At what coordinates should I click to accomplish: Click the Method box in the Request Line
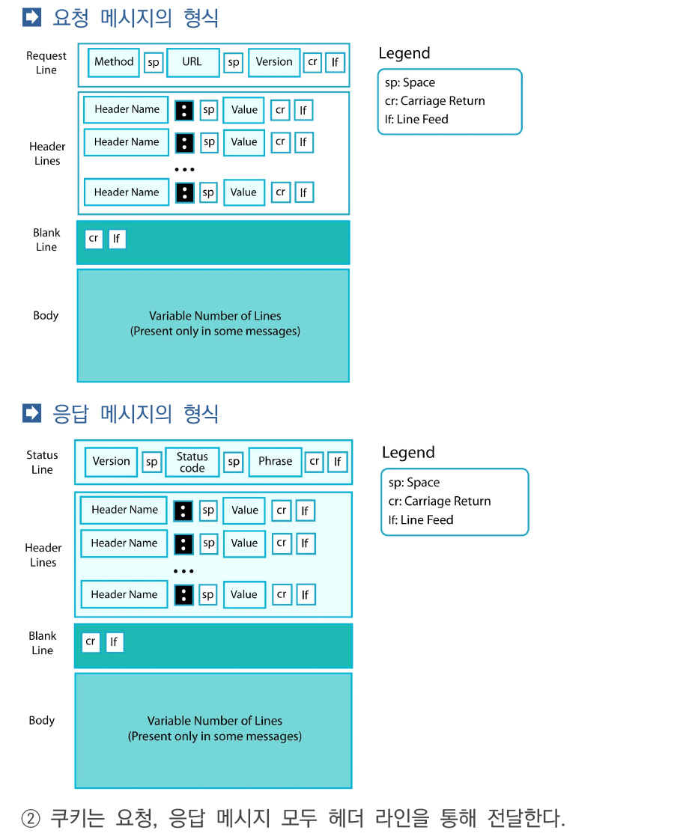[114, 62]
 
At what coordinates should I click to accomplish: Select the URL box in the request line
[192, 62]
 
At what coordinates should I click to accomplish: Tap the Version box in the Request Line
[274, 62]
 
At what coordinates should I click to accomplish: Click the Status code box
[192, 463]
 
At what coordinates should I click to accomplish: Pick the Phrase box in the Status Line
[276, 462]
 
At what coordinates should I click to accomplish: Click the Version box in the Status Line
[111, 462]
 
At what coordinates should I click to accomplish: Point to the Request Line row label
[46, 63]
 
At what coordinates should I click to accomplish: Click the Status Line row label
[42, 463]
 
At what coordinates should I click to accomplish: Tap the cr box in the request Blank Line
[94, 239]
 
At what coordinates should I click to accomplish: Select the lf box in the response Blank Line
[115, 642]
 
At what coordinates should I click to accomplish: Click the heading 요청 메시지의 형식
[136, 18]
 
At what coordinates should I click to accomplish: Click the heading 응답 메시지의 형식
[136, 413]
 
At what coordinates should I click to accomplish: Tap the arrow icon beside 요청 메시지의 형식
[32, 17]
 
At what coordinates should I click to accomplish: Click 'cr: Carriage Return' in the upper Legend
[435, 101]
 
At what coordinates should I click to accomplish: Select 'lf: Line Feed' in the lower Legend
[421, 520]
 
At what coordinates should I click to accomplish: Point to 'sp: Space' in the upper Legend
[410, 82]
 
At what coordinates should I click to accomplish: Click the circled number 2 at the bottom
[31, 818]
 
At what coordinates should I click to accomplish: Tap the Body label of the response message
[42, 720]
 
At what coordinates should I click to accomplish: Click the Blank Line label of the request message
[46, 240]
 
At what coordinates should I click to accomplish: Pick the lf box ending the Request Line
[336, 62]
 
